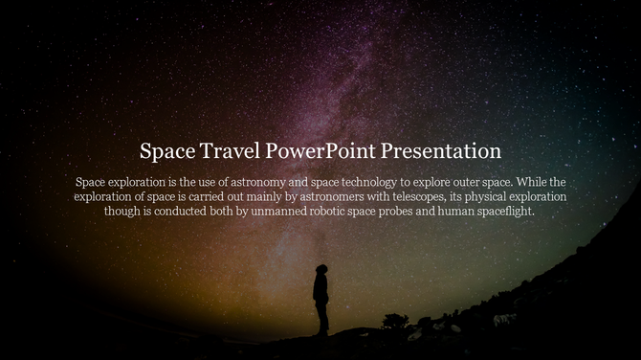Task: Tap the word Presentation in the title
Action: [x=441, y=151]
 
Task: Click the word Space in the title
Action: [x=166, y=151]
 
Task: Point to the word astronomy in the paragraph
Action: [x=261, y=181]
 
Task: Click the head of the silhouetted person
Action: [x=322, y=271]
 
